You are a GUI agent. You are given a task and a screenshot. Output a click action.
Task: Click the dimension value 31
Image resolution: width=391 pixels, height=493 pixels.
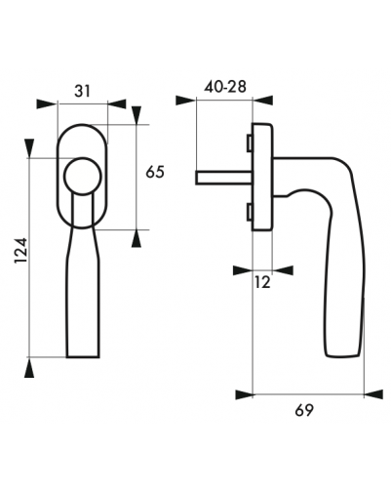pyautogui.click(x=82, y=91)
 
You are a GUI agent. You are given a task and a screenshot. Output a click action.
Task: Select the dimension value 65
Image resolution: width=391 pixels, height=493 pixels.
pyautogui.click(x=155, y=172)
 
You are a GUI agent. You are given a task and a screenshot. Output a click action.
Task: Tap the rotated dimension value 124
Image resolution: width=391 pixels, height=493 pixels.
pyautogui.click(x=21, y=251)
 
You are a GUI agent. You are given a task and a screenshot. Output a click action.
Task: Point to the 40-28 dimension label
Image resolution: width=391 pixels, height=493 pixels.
pyautogui.click(x=225, y=87)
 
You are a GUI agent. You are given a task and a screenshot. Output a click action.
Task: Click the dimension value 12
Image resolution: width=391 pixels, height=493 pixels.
pyautogui.click(x=262, y=282)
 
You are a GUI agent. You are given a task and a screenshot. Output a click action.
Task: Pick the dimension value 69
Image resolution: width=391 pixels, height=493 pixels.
pyautogui.click(x=304, y=410)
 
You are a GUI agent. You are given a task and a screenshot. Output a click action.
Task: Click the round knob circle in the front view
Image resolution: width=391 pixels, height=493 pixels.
pyautogui.click(x=83, y=177)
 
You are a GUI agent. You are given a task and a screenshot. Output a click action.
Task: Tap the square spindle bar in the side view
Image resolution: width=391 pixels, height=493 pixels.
pyautogui.click(x=224, y=178)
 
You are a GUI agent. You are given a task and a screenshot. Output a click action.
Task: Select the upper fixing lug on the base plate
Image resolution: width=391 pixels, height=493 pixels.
pyautogui.click(x=250, y=144)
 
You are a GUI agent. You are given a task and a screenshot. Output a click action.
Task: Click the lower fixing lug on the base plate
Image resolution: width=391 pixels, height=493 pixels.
pyautogui.click(x=250, y=212)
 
